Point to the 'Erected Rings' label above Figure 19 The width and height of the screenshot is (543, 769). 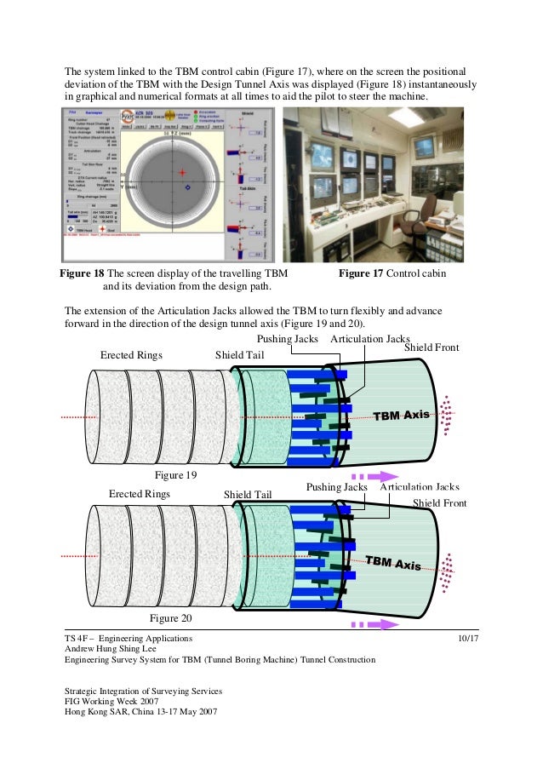coord(132,355)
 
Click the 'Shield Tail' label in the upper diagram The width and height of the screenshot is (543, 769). coord(238,355)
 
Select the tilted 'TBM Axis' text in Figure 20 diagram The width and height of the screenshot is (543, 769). coord(393,563)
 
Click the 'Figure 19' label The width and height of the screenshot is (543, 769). coord(173,474)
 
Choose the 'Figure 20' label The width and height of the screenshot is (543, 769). coord(170,618)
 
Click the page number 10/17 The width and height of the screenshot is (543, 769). coord(466,638)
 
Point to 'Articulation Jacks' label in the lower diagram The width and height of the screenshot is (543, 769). coord(420,488)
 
